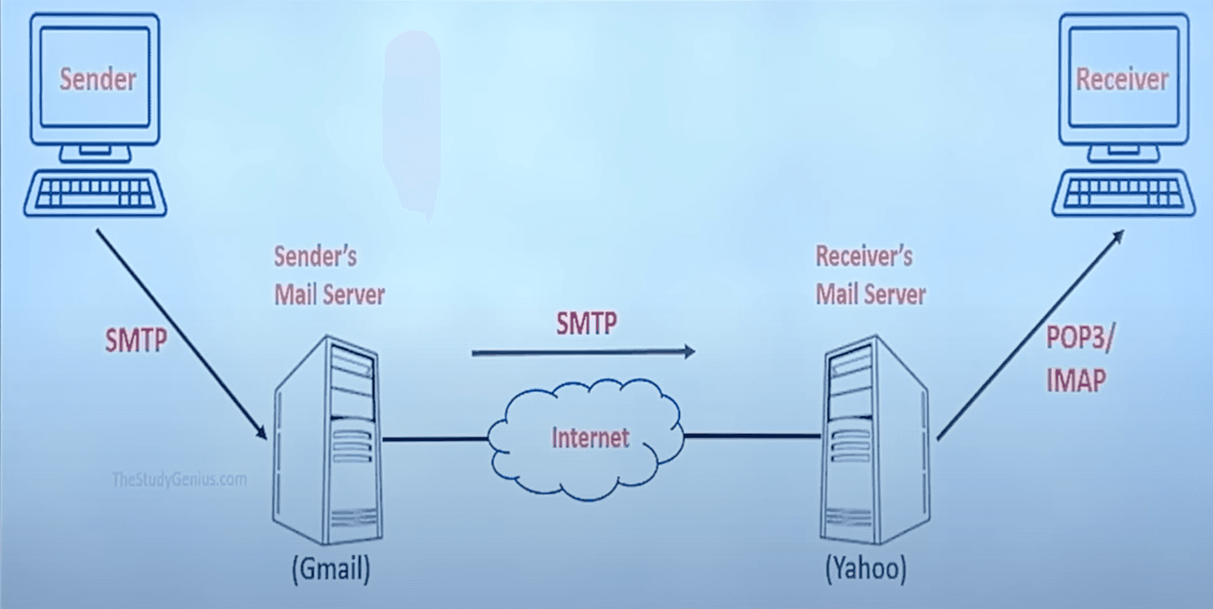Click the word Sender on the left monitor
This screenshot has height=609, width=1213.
98,79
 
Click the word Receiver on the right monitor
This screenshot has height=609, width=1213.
1122,79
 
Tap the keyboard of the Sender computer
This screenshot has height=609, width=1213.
96,193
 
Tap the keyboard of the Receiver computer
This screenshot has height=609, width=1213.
1123,193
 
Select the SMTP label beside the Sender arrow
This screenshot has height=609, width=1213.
136,341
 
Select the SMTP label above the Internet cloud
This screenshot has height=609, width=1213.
587,324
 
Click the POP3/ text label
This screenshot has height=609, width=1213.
1080,338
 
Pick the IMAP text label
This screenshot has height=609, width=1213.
1076,381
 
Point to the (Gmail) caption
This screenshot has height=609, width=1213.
331,569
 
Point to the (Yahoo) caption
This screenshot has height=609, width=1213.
866,569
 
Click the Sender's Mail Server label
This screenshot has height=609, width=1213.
329,276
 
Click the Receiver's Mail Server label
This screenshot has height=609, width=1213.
870,276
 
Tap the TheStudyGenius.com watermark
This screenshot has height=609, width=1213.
179,480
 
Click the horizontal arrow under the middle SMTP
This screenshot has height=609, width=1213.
581,353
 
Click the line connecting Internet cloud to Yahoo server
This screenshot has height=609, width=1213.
751,436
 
